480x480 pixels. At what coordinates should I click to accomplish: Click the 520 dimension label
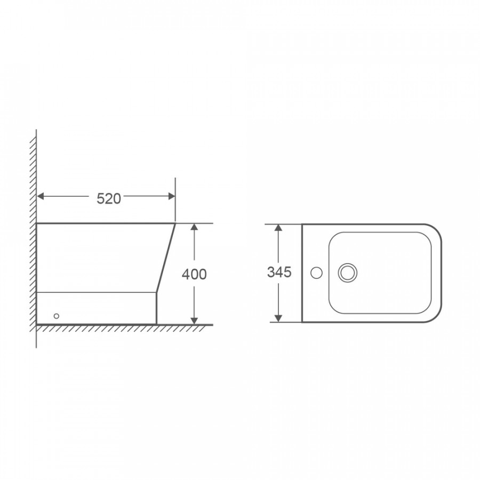click(109, 199)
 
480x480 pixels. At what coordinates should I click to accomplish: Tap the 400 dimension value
click(194, 274)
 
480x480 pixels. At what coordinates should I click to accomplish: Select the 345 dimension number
click(279, 272)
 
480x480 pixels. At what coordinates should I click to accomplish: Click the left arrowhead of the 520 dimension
click(40, 196)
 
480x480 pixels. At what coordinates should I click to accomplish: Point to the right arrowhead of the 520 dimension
click(172, 196)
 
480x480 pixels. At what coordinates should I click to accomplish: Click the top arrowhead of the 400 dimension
click(194, 227)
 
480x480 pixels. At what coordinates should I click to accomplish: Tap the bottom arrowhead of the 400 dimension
click(194, 321)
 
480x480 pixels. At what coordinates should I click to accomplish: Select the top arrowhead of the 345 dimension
click(278, 227)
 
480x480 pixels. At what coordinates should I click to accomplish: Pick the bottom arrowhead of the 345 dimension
click(278, 318)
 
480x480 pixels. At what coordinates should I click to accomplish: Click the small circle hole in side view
click(57, 316)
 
